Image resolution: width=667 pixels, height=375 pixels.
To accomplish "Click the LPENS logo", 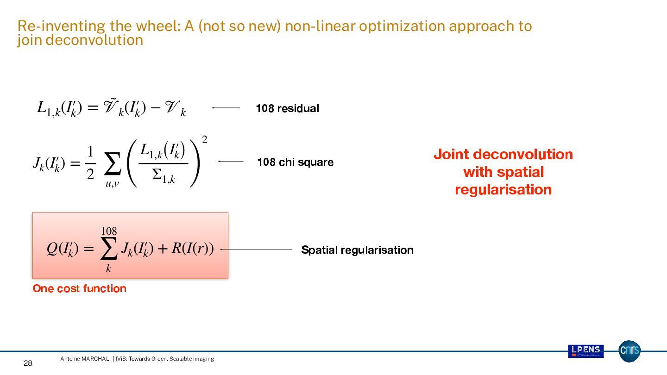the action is [x=585, y=351].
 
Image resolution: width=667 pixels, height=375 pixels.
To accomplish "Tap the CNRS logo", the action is [x=629, y=351].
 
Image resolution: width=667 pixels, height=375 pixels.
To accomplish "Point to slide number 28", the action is [x=28, y=363].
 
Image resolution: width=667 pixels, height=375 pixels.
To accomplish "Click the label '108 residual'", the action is [x=287, y=108].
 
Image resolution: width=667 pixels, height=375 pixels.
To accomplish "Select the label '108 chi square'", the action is [x=295, y=162].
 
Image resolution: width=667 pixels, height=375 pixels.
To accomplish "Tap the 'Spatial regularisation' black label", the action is [x=357, y=250].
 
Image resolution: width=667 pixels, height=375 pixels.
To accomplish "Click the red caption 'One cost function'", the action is [x=79, y=288].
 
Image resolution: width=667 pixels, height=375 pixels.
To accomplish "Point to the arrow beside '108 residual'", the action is [x=226, y=108].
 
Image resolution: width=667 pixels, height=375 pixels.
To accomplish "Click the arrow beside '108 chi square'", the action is [x=231, y=162].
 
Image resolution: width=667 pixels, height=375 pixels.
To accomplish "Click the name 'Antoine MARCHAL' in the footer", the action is [x=84, y=359].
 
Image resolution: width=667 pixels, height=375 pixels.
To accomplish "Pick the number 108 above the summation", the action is [x=109, y=231].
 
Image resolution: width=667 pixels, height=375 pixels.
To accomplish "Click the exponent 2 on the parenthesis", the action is [x=204, y=140].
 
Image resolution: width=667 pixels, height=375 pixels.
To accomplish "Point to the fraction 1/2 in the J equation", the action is [x=90, y=163].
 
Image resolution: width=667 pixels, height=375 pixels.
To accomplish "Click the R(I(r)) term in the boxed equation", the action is [x=193, y=249].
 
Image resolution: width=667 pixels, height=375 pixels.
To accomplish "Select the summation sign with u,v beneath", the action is [x=112, y=166].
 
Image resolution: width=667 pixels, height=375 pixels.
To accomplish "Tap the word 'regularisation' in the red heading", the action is [x=503, y=190].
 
